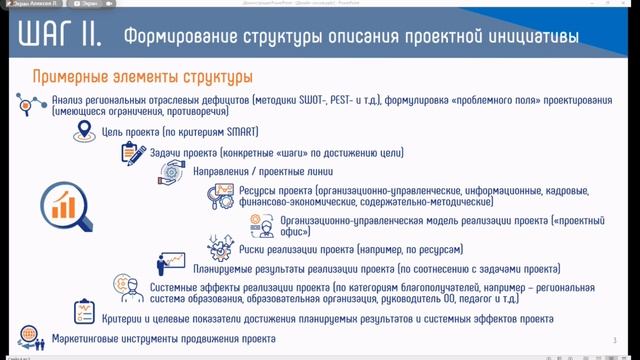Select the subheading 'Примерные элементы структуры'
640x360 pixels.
tap(142, 77)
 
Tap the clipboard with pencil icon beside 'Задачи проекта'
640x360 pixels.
tap(132, 152)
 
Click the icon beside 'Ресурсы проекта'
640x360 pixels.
tap(220, 196)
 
